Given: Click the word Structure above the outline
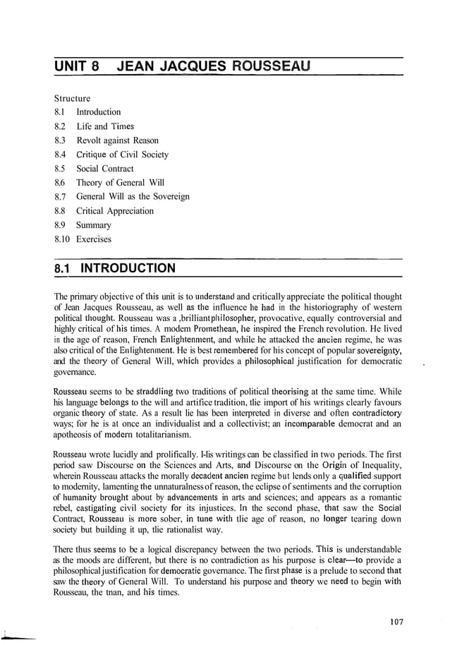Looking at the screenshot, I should (x=72, y=98).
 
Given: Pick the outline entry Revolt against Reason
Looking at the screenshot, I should (x=117, y=140).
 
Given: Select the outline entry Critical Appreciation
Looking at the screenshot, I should (x=115, y=211).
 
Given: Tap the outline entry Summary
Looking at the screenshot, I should (x=94, y=225).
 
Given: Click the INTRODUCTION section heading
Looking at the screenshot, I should (x=128, y=269).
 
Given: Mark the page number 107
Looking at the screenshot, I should (x=395, y=621).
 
